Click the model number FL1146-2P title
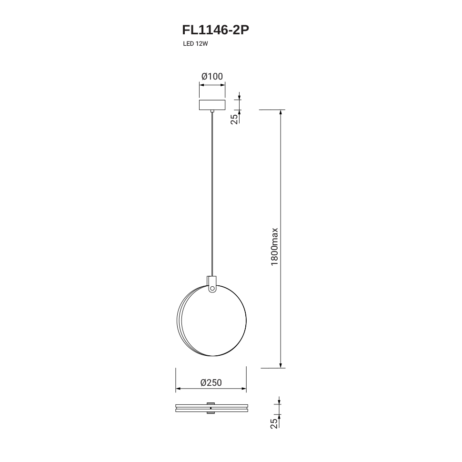tap(216, 30)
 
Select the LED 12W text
tap(196, 44)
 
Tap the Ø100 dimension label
tap(212, 76)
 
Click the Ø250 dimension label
tap(211, 382)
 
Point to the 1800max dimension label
tap(275, 247)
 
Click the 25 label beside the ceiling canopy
tap(234, 119)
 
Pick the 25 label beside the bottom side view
tap(274, 423)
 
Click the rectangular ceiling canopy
tap(212, 105)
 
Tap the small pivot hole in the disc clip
tap(212, 288)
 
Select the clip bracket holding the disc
tap(212, 284)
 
